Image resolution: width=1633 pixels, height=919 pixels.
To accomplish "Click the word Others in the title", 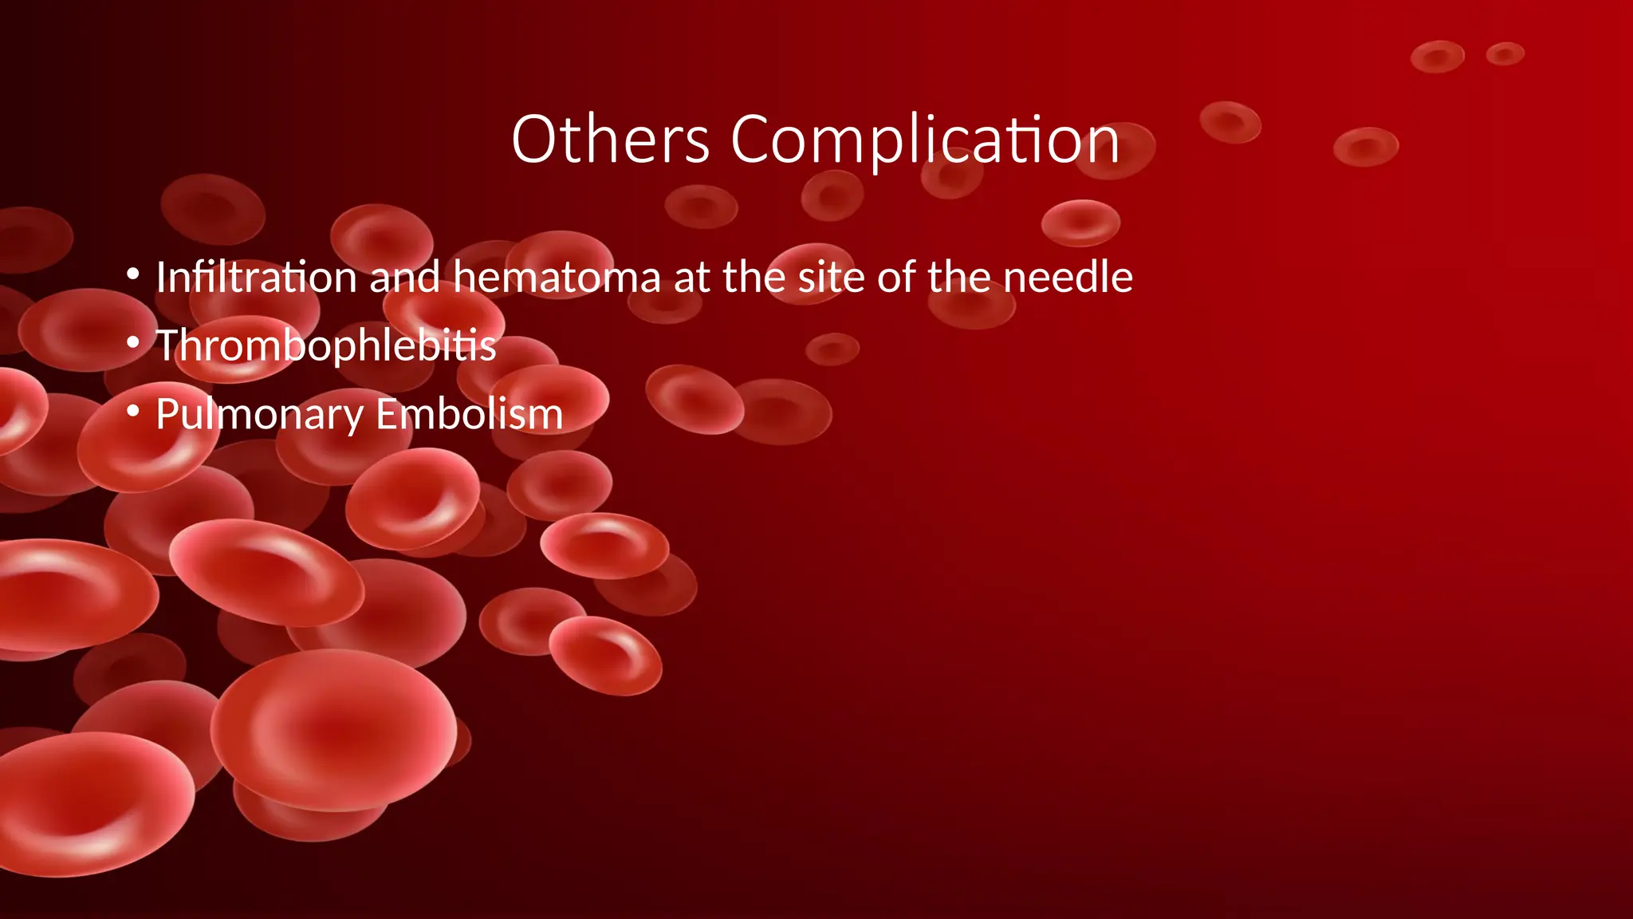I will (610, 140).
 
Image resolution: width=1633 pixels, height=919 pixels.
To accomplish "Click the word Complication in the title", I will (925, 141).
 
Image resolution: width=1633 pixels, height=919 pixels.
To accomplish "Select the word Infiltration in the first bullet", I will (256, 278).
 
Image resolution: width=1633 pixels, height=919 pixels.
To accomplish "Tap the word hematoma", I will (557, 278).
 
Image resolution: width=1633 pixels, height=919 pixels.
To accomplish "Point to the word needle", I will (1068, 278).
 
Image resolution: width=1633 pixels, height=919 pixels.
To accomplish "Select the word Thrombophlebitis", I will (325, 346).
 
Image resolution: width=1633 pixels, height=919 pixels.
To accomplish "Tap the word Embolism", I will (470, 414).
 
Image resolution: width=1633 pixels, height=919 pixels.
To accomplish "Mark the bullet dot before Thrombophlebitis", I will (133, 343).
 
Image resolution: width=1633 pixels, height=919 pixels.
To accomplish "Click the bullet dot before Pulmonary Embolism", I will (133, 412).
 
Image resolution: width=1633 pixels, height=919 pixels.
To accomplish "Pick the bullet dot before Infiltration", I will (133, 274).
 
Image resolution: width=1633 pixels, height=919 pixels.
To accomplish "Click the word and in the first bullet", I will (404, 278).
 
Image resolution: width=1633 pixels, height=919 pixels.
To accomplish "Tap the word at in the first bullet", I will (691, 278).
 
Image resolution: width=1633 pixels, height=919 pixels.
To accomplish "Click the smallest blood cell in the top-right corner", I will (1505, 54).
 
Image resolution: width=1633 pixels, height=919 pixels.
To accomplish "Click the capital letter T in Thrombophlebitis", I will (170, 345).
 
